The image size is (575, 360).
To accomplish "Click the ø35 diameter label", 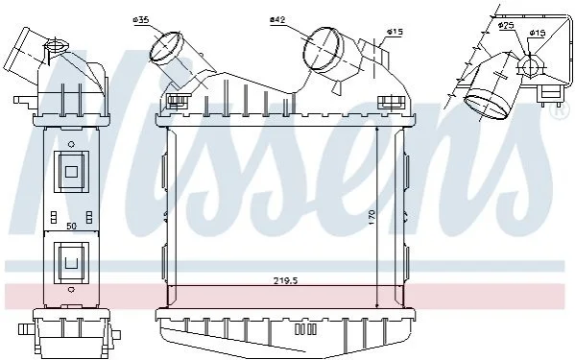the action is pos(141,20).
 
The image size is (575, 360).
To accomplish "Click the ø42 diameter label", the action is pos(277,19).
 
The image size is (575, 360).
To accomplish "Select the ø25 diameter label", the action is pos(506,25).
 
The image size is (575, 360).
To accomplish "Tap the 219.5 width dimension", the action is pos(285,281).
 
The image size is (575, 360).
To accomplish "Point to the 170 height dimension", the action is pos(371,218).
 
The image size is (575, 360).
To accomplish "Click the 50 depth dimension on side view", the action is pos(72,227).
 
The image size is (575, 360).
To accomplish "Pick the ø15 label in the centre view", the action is pos(395,33).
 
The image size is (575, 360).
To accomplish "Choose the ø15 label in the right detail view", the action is pos(538,33).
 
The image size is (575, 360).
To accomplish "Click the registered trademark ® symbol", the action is pos(559,110).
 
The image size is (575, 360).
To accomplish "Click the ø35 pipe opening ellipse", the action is pos(166,46).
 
